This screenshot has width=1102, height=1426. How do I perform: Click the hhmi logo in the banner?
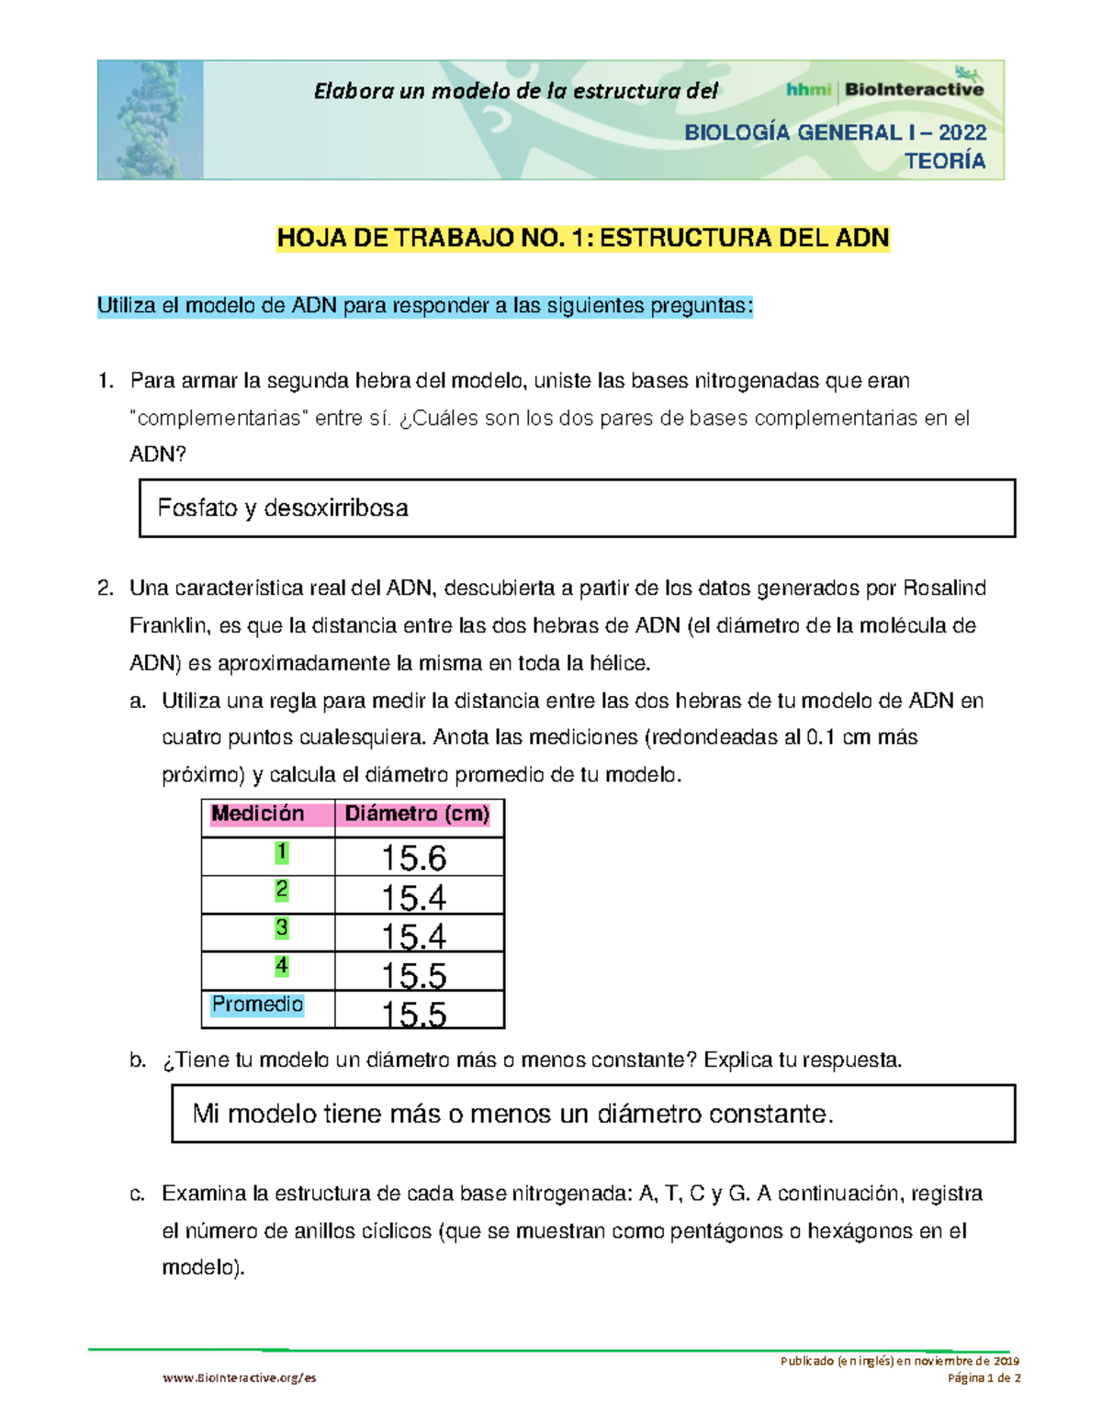tap(808, 90)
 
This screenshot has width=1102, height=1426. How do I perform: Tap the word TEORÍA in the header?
tap(945, 162)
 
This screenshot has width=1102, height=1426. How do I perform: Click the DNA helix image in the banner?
tap(150, 119)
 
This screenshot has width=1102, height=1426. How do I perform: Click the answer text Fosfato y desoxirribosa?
tap(283, 508)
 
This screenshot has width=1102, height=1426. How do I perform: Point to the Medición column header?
tap(258, 814)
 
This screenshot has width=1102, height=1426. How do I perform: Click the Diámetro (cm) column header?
tap(417, 814)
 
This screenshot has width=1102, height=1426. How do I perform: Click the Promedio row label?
tap(257, 1005)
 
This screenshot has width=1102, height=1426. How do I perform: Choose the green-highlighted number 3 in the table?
tap(282, 927)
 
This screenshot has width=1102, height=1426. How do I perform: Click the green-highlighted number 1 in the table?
tap(282, 852)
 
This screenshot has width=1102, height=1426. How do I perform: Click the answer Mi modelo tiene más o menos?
tap(512, 1114)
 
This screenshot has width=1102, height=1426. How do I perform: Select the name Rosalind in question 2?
tap(945, 589)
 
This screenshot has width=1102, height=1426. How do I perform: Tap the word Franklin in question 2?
tap(169, 626)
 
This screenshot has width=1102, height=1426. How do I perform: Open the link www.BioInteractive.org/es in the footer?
tap(240, 1377)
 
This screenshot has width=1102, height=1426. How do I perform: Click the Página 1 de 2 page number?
tap(984, 1377)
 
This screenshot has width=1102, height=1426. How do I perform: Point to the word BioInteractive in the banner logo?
tap(914, 90)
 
